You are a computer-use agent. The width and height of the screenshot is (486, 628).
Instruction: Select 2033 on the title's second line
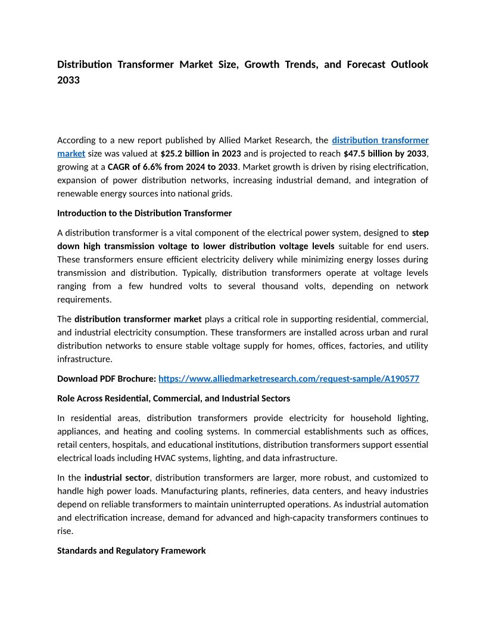coord(68,80)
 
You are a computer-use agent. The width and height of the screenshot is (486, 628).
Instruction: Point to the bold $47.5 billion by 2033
coord(385,153)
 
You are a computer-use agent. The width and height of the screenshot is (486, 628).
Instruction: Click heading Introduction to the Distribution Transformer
coord(144,213)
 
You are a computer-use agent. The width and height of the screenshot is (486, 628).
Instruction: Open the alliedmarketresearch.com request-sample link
coord(289,378)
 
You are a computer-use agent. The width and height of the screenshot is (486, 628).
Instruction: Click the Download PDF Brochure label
coord(107,378)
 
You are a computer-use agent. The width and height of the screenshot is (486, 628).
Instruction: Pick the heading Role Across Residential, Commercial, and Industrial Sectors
coord(173,398)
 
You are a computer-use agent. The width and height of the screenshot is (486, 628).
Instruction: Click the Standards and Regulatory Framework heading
coord(132,551)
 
